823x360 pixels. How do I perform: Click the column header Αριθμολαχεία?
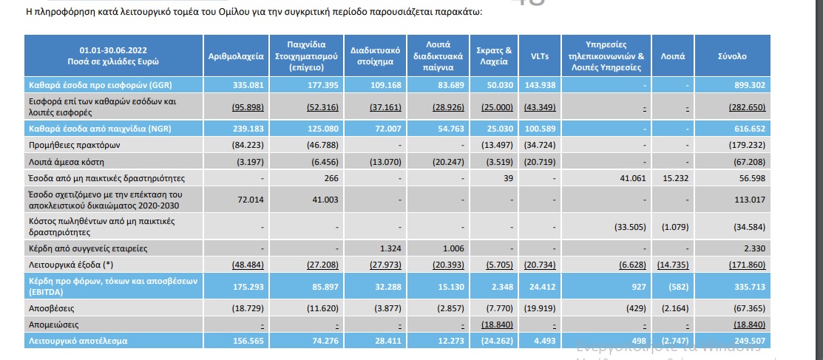click(231, 55)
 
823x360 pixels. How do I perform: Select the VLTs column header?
click(540, 55)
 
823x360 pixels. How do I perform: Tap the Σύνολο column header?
click(732, 55)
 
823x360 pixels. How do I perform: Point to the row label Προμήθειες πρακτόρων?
click(65, 145)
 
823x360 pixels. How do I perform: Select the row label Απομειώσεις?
click(54, 324)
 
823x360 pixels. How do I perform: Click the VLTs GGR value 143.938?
click(543, 84)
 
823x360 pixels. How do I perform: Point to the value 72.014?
click(240, 199)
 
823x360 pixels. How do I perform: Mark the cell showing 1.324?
click(389, 247)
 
